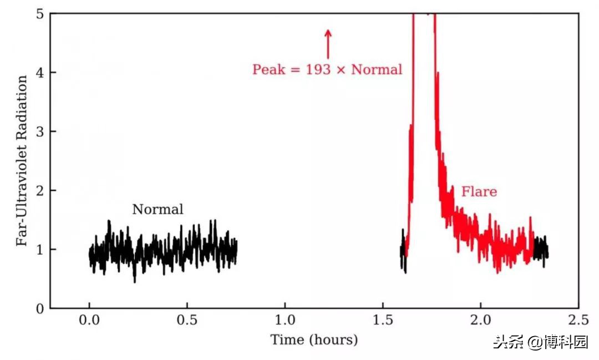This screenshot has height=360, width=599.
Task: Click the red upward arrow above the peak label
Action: [328, 44]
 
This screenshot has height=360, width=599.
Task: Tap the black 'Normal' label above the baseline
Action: [158, 210]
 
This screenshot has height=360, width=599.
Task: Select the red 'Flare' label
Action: [479, 192]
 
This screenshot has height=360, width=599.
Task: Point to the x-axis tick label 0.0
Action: [89, 321]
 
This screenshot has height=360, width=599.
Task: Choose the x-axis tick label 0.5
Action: [187, 321]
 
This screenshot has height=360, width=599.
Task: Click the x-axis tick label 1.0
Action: [285, 321]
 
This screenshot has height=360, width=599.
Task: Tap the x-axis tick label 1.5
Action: [383, 321]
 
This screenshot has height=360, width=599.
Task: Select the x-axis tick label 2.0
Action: [481, 321]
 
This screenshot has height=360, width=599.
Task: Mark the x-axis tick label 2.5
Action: [578, 321]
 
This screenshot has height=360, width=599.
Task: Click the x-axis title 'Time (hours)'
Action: [314, 339]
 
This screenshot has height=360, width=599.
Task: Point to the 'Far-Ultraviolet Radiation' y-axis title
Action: [22, 161]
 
